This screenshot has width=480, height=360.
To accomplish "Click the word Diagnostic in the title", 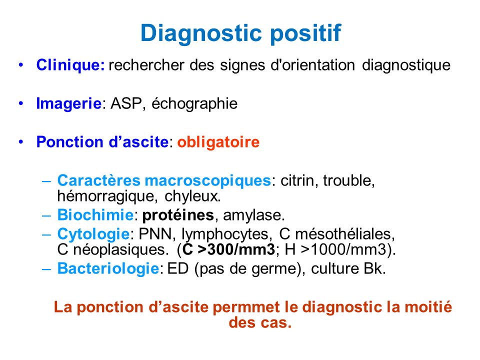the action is pos(201,33).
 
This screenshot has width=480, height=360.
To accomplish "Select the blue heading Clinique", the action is pos(70,65).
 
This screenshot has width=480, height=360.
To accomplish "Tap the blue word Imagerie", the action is pos(69,103).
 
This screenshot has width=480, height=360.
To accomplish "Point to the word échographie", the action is pos(194,103).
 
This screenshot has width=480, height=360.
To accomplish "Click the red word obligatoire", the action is pos(218,142).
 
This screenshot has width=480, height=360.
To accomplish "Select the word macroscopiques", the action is pos(207,181).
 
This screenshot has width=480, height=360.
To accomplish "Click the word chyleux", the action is pos(192,196).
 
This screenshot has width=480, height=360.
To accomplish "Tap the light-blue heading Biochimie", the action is pos(95,215).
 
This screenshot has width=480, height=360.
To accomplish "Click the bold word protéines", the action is pos(178,215).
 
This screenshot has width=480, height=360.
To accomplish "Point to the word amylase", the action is pos(254,215).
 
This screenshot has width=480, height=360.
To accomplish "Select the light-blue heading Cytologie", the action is pos(93,234).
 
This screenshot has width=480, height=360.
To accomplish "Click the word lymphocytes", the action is pos(227,234).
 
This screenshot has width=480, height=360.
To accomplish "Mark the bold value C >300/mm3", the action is pos(228,250).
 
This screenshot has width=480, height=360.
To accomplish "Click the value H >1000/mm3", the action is pos(336,250).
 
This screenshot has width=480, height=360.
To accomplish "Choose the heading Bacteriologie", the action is pos(108,268).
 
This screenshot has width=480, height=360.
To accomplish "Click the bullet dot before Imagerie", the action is pos(21,103).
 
